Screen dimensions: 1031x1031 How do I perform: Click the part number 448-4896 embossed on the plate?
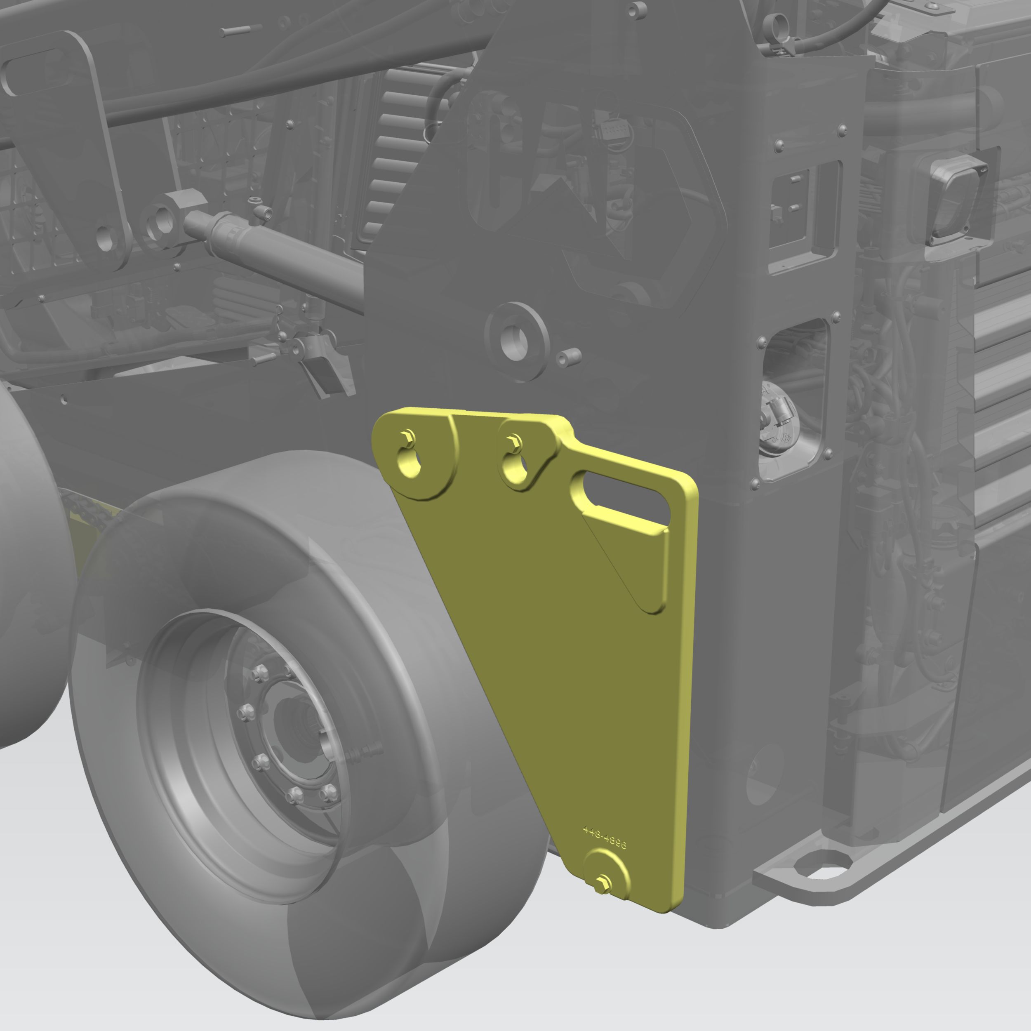[x=604, y=838]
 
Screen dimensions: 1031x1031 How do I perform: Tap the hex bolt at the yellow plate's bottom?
[x=603, y=883]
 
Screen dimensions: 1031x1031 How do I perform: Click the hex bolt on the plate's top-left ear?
[x=408, y=437]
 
